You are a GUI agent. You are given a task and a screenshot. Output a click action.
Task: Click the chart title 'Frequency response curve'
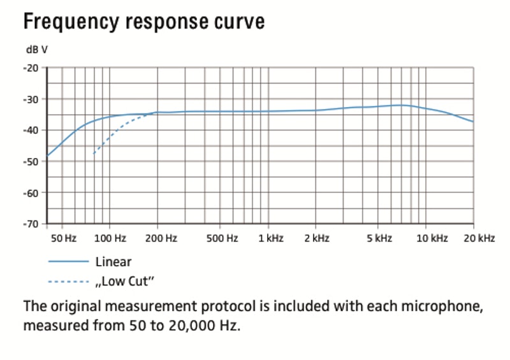[x=143, y=22]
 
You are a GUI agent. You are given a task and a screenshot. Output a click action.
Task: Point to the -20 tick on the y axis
[x=31, y=68]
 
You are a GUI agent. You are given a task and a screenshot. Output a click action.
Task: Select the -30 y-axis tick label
[x=31, y=99]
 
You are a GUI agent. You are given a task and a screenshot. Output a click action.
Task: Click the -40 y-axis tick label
[x=31, y=131]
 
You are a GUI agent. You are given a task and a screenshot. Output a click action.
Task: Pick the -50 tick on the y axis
[x=31, y=162]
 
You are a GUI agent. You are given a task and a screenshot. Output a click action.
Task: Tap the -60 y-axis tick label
[x=31, y=193]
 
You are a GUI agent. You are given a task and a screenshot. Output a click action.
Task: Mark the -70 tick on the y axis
[x=31, y=224]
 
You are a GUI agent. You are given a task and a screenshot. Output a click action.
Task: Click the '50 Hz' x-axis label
[x=63, y=239]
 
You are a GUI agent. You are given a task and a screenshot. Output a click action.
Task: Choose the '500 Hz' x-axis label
[x=224, y=239]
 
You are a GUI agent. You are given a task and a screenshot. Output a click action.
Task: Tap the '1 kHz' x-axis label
[x=271, y=239]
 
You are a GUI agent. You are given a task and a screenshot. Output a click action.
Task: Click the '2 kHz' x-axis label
[x=317, y=239]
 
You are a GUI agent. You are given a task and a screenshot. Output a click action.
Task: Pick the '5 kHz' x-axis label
[x=379, y=239]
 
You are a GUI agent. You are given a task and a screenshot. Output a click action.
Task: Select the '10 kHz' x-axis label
[x=432, y=239]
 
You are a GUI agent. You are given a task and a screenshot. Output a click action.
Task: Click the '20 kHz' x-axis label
[x=479, y=239]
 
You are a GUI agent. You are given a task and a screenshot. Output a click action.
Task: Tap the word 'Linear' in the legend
[x=113, y=261]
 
